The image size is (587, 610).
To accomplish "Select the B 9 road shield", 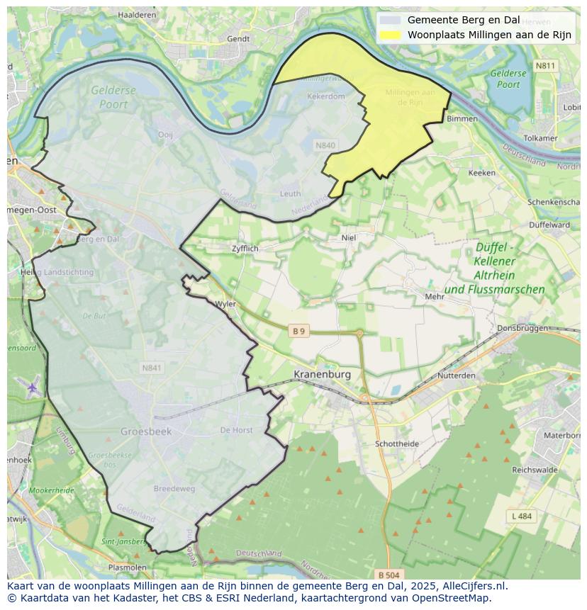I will point(300,331).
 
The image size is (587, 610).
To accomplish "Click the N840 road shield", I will point(325,145).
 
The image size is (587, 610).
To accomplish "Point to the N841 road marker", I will point(152,368).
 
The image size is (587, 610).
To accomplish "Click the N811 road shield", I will point(545,66).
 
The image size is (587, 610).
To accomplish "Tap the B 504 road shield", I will point(388,575).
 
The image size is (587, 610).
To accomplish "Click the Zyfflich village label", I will point(245,249).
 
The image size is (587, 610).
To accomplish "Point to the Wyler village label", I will point(225,304).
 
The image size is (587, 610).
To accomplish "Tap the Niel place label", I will point(349,238).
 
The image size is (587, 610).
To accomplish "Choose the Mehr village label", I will point(434,297).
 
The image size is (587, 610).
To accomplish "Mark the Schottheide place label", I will point(396,444).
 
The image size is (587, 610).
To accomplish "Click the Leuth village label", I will point(290,193).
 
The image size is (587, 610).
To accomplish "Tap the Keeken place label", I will point(482,172).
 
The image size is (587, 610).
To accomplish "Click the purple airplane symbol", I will point(33,388).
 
